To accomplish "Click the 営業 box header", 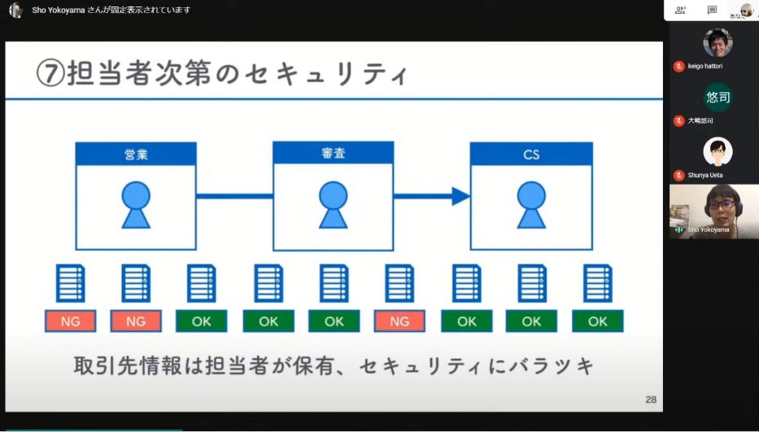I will (x=136, y=154).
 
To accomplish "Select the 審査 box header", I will (x=333, y=153).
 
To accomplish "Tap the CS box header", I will (x=531, y=154).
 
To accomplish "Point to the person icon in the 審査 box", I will (x=333, y=204).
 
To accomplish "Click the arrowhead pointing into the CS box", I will (x=461, y=196).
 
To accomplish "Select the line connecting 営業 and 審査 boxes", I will (x=234, y=196).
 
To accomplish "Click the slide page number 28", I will (x=651, y=399).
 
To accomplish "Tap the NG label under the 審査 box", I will (x=399, y=321).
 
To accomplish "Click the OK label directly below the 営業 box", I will (x=202, y=321).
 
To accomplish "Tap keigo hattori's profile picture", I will (x=718, y=42).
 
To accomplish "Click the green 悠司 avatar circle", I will (x=718, y=98).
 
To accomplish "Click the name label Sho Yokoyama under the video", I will (x=709, y=230).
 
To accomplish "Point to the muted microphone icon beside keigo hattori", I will (x=678, y=66).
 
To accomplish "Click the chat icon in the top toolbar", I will (x=712, y=10).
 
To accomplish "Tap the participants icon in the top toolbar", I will (x=679, y=10).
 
